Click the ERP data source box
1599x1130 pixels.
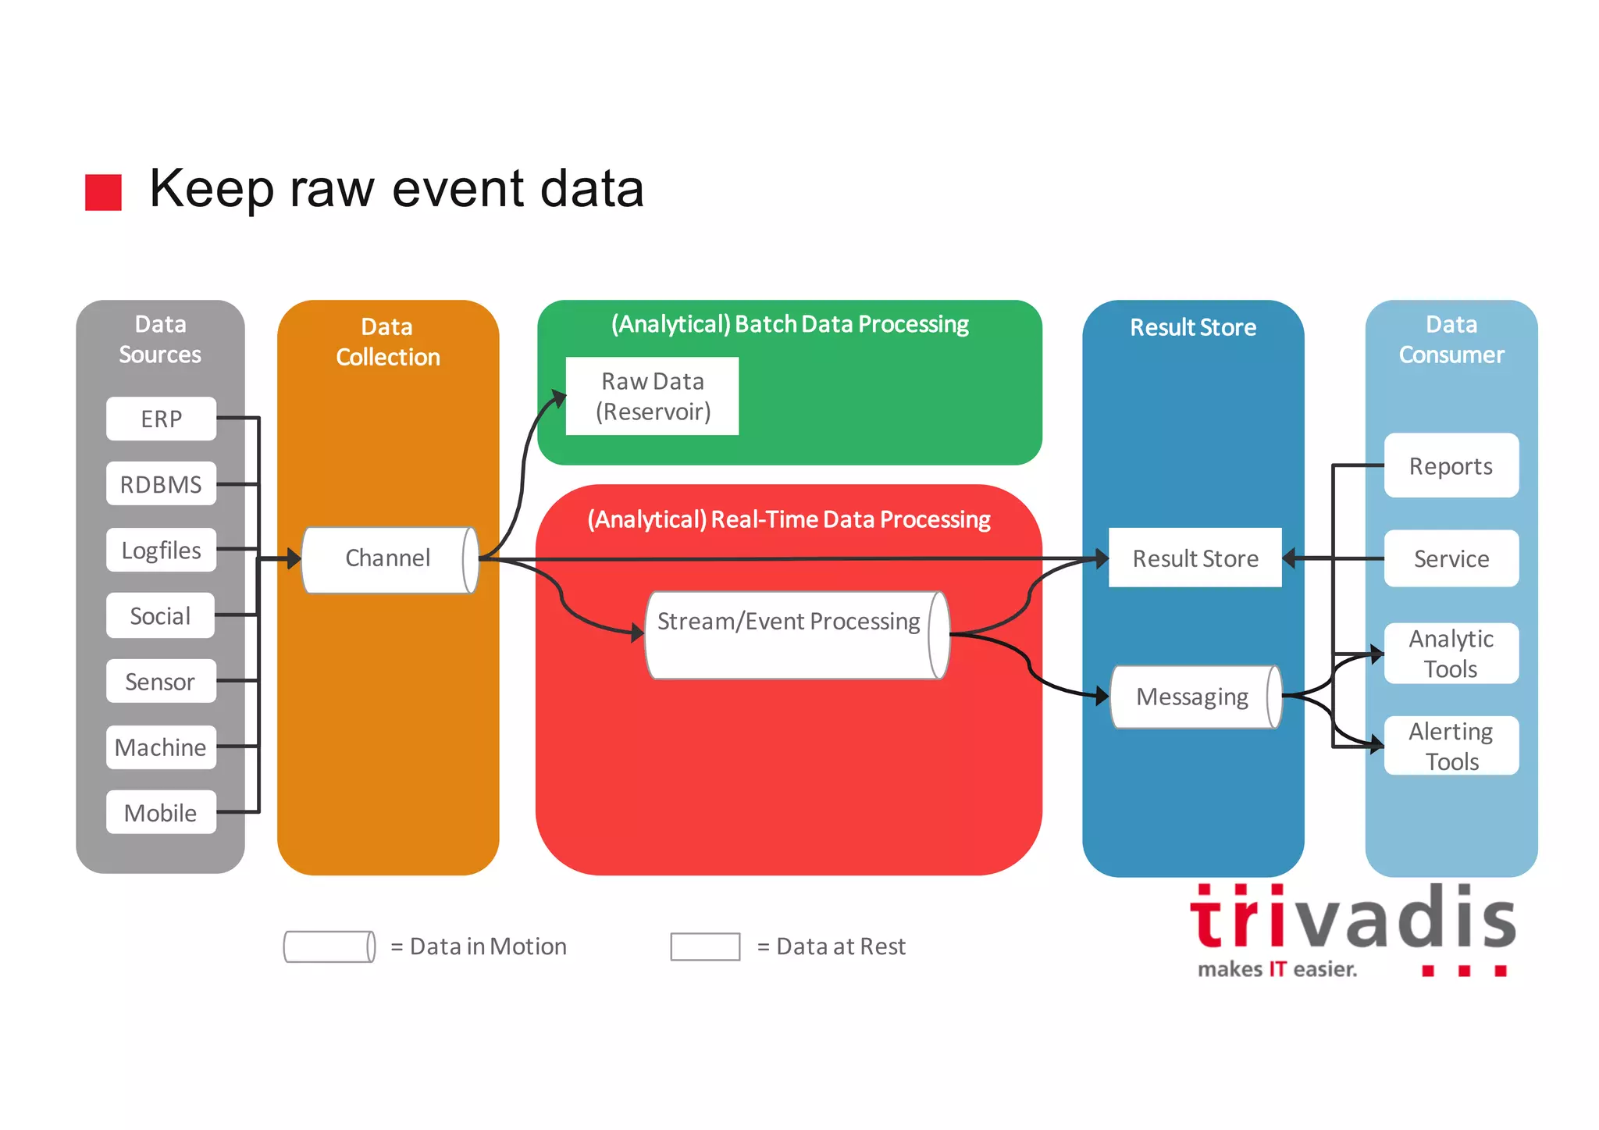(x=161, y=419)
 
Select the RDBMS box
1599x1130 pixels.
(x=161, y=484)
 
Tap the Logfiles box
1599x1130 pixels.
(x=161, y=551)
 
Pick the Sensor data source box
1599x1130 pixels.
(x=161, y=682)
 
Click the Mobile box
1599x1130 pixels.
(x=161, y=813)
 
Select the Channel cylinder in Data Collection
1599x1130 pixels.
(x=389, y=559)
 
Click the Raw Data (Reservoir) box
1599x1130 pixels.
(x=652, y=397)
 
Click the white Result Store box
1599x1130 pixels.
(x=1195, y=558)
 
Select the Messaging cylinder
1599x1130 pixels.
(x=1194, y=697)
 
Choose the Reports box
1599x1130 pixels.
(x=1451, y=466)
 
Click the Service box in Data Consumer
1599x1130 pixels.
(x=1451, y=558)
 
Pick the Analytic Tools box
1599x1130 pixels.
(x=1451, y=654)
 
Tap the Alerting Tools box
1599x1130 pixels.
(x=1451, y=746)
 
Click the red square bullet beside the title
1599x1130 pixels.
(x=103, y=192)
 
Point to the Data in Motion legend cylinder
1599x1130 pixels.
(x=329, y=946)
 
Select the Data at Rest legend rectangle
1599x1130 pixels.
(x=705, y=946)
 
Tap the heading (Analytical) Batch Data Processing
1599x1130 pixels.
(x=789, y=324)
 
